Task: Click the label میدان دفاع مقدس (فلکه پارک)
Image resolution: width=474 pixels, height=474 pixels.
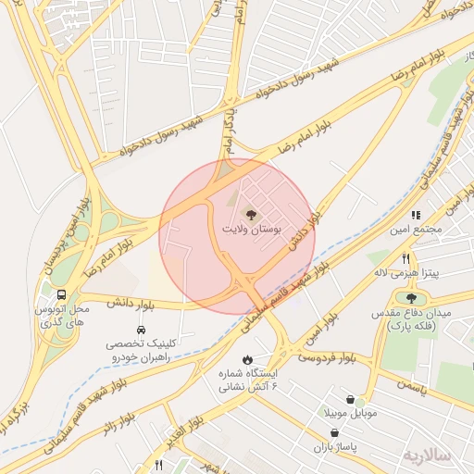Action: pos(420,320)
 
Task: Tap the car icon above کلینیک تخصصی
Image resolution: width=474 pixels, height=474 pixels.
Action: pos(140,329)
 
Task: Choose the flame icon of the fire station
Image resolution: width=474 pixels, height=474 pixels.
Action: pos(247,359)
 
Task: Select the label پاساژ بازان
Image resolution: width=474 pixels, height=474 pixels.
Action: pos(348,446)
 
